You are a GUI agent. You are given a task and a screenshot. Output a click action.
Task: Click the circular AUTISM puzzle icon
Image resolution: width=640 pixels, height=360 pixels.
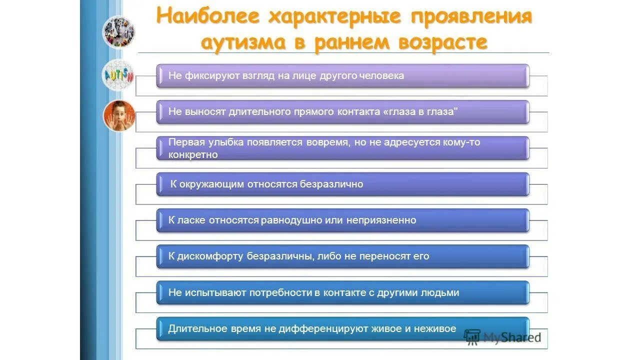click(x=118, y=74)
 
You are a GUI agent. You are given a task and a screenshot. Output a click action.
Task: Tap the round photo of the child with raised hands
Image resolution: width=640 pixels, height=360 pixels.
click(x=119, y=115)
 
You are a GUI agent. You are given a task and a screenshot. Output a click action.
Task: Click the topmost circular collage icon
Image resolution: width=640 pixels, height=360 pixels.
click(x=118, y=31)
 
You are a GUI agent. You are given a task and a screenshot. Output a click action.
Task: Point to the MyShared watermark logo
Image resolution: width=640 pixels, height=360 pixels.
click(x=502, y=337)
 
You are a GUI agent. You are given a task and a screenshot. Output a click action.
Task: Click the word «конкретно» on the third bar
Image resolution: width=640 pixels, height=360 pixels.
click(x=193, y=155)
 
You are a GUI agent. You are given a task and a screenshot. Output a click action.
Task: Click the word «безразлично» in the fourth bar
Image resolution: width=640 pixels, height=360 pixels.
click(x=331, y=184)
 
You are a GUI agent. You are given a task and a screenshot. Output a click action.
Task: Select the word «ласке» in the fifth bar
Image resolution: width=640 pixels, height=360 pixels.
click(x=190, y=220)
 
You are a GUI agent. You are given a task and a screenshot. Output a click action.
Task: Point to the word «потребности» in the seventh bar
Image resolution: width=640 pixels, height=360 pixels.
click(x=281, y=293)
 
